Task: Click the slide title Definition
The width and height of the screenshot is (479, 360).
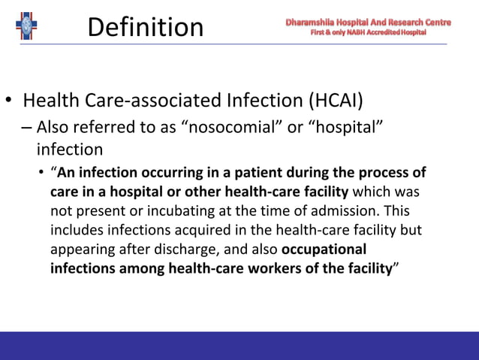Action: click(x=146, y=28)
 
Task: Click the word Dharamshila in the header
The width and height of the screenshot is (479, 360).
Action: click(x=309, y=23)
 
